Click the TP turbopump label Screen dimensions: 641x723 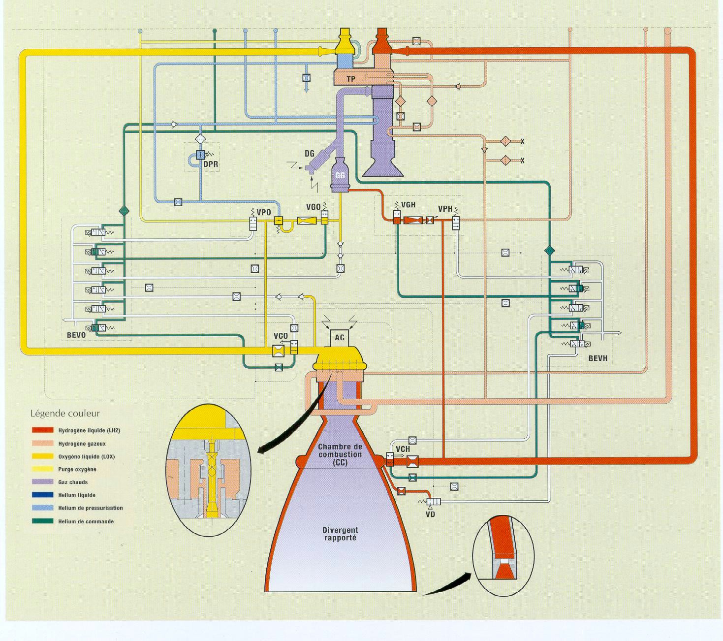point(351,79)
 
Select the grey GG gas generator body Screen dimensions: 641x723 point(340,175)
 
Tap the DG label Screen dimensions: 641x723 point(310,154)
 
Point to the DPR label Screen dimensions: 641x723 point(211,164)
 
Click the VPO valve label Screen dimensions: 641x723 point(264,212)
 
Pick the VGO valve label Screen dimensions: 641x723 point(313,207)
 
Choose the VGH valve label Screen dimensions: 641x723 point(408,205)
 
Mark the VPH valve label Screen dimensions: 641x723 point(445,209)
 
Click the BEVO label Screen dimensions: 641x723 point(76,335)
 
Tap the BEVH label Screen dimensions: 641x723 point(598,358)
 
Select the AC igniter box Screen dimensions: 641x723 point(340,338)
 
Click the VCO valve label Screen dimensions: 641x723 point(281,336)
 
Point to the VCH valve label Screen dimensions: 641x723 point(403,449)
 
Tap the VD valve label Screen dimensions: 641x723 point(431,514)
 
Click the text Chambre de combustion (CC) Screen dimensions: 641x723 point(340,454)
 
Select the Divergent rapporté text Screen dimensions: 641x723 point(340,534)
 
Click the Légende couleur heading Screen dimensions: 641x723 point(65,414)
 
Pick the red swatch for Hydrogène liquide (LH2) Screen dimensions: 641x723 point(42,430)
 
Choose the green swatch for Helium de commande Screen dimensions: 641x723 point(42,521)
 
